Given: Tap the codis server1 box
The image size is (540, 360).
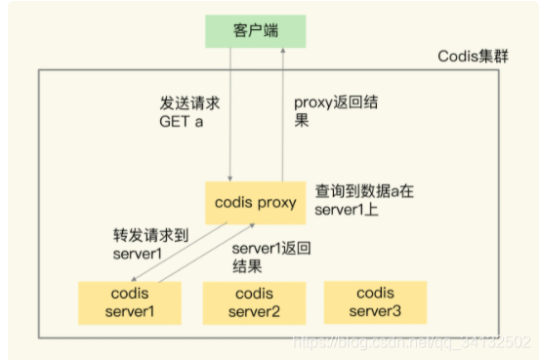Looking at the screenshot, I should click(x=132, y=302).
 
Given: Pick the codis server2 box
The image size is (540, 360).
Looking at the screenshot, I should click(x=255, y=302).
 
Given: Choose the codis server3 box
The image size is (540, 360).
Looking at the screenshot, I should click(x=376, y=301).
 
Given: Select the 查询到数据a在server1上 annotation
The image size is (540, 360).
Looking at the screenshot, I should click(x=363, y=201).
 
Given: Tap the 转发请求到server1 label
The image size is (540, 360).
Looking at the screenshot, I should click(x=147, y=244).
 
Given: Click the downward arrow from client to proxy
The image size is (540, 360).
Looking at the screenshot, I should click(x=229, y=117).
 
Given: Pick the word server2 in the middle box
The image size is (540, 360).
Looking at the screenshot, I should click(x=255, y=311).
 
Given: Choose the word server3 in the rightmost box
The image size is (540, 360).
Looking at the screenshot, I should click(x=376, y=310).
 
